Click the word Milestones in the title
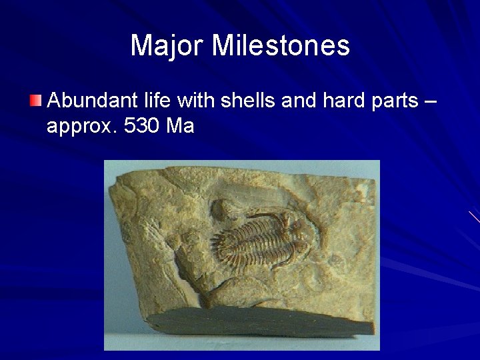click(x=281, y=46)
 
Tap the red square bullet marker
click(x=35, y=101)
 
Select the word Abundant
click(x=89, y=101)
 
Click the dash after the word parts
click(x=429, y=103)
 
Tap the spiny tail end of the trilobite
click(x=219, y=240)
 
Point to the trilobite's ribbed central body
click(x=253, y=237)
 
